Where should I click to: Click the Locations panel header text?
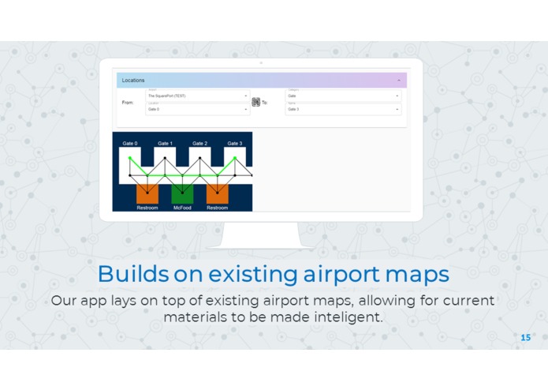coord(133,81)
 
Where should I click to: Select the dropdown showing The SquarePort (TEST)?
coord(197,96)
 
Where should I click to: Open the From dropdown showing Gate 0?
coord(197,110)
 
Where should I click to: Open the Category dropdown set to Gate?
coord(342,96)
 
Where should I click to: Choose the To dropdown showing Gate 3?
coord(342,110)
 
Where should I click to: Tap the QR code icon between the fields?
coord(256,102)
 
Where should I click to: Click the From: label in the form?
coord(128,103)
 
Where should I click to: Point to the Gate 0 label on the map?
coord(130,144)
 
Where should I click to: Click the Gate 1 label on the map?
coord(165,144)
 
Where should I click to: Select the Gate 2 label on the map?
coord(199,144)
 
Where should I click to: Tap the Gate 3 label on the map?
coord(234,144)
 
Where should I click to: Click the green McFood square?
coord(182,194)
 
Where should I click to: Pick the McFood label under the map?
coord(182,208)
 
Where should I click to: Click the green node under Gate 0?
coord(130,159)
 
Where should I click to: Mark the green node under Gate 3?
coord(235,158)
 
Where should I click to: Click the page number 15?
coord(526,337)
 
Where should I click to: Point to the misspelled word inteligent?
coord(352,317)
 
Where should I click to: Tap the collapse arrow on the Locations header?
coord(398,81)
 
